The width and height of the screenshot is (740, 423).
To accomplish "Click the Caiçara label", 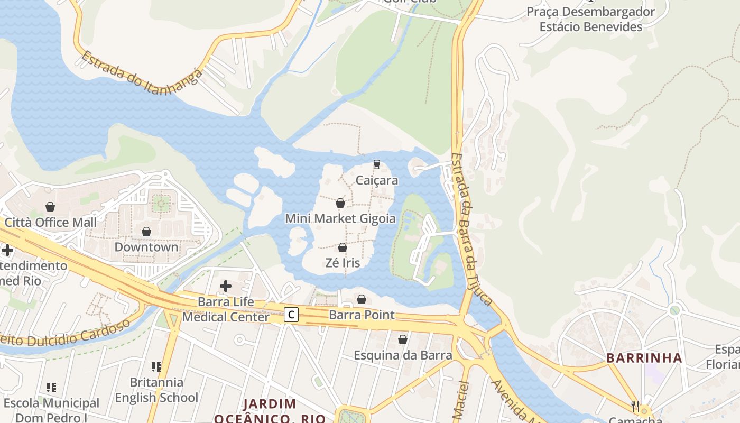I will coord(377,180).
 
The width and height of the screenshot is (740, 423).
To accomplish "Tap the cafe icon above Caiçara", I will coord(377,164).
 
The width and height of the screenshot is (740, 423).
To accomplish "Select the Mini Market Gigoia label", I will coord(340,218).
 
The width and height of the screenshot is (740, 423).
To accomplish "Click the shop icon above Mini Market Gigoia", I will coord(340,203).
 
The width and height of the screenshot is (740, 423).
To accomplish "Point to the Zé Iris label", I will coord(343,263).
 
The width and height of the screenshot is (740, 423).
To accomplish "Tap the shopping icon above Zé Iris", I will coord(343,247).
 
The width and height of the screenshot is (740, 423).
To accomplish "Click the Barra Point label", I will coord(362,315).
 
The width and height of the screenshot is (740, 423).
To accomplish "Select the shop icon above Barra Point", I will coord(362,299).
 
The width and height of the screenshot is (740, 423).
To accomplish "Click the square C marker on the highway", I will coord(291,315).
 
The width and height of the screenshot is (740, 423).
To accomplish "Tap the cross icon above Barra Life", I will coord(226,287).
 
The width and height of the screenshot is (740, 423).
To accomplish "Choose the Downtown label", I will coord(146,247).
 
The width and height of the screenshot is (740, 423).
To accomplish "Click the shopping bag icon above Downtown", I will coord(146,232).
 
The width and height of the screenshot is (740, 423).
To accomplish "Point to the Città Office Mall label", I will coord(51,222).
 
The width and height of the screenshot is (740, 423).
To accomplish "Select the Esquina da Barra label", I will coord(403,355).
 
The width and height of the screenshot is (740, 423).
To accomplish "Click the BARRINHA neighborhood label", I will coord(644,358).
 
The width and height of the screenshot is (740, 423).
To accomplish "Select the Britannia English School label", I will coord(156,390).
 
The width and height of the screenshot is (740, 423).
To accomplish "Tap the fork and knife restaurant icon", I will coord(635,406).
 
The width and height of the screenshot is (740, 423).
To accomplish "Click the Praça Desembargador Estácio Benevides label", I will coord(590,19).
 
